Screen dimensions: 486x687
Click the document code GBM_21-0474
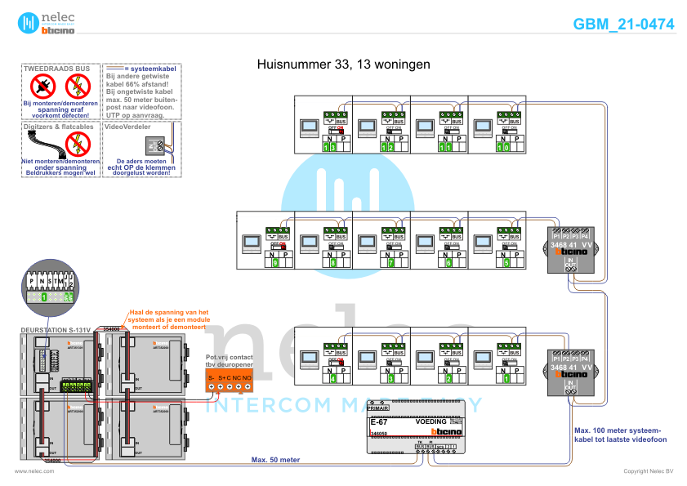pos(623,25)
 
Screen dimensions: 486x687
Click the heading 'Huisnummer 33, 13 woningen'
pos(343,64)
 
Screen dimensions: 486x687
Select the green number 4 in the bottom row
pos(333,379)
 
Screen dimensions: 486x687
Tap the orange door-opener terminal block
pos(229,380)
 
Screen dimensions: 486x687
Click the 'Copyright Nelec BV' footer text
pos(648,471)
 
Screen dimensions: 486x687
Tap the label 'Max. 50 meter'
pos(276,460)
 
